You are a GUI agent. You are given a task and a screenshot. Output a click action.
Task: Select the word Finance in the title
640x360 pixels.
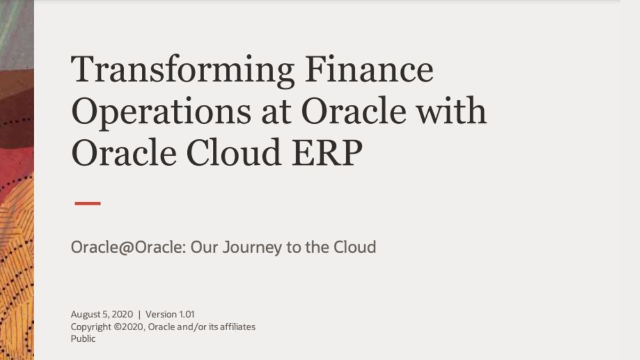(x=369, y=70)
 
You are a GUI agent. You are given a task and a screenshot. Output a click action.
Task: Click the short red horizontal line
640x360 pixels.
(x=87, y=203)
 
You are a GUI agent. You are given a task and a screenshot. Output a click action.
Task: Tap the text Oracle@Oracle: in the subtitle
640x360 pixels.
(x=128, y=247)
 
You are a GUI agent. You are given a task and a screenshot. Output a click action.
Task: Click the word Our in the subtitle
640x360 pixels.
(x=204, y=247)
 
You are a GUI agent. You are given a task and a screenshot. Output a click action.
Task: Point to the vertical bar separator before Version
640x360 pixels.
(x=140, y=314)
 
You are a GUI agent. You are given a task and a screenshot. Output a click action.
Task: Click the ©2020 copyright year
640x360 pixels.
(x=128, y=326)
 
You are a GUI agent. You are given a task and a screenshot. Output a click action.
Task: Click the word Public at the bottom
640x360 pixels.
(x=83, y=339)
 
